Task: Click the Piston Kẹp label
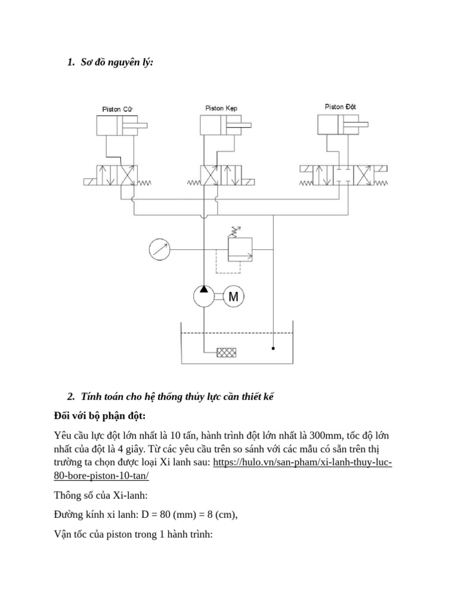[221, 108]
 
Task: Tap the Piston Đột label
[341, 107]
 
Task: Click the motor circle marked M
[234, 296]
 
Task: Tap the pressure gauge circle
[159, 249]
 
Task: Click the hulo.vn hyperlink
[302, 462]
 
